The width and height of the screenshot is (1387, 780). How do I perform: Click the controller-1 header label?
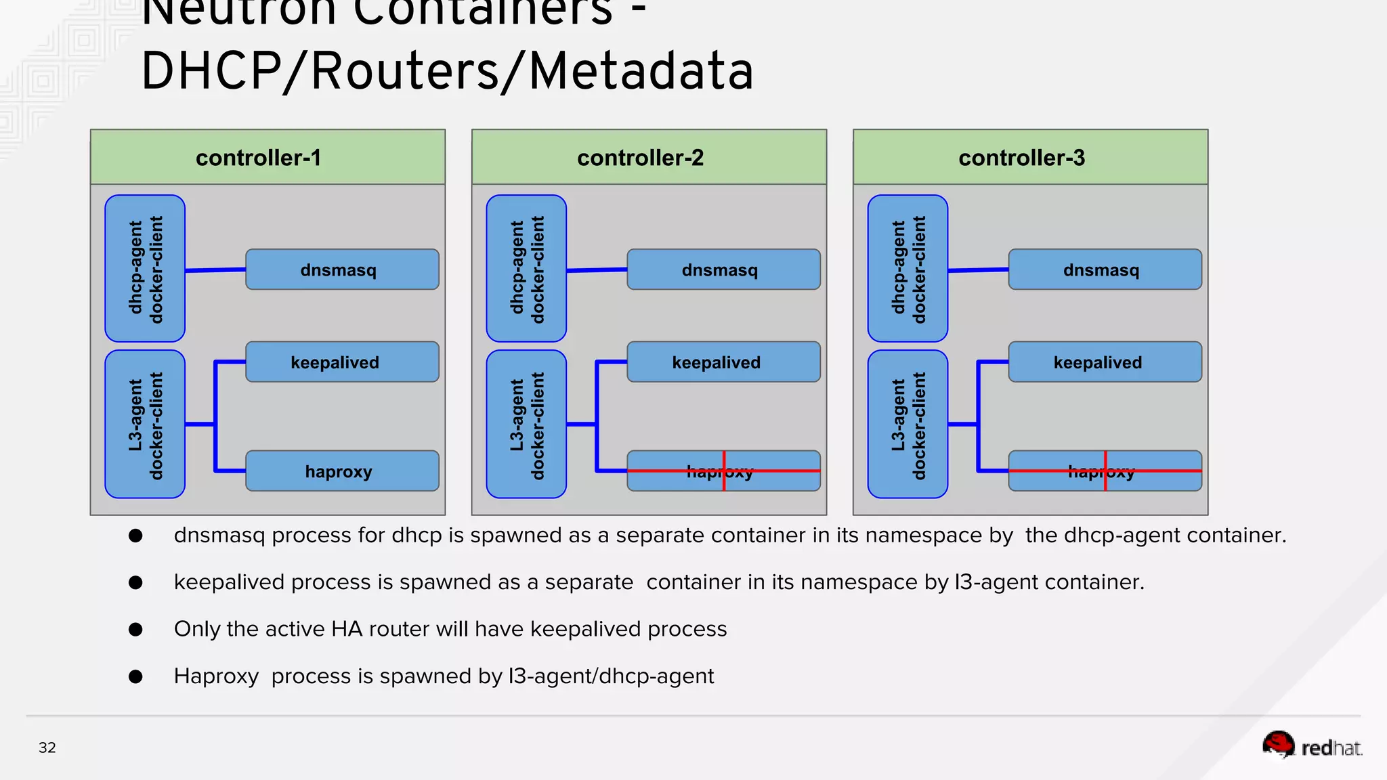[x=258, y=158]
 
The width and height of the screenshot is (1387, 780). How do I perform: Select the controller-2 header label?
[x=640, y=158]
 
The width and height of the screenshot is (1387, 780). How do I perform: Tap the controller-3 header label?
[x=1021, y=158]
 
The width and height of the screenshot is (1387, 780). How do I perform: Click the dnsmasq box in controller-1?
[x=342, y=269]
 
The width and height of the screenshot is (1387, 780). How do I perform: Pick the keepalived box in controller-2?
[x=723, y=362]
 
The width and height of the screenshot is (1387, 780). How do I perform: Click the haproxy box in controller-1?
[x=342, y=471]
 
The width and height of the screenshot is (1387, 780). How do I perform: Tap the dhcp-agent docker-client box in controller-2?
[x=526, y=268]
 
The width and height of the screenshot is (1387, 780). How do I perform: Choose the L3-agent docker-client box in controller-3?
[x=908, y=425]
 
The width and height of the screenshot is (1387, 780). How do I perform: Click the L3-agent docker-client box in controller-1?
[x=145, y=425]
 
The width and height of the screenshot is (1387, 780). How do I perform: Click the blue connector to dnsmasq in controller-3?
[x=978, y=270]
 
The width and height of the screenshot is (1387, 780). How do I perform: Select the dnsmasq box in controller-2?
[x=723, y=269]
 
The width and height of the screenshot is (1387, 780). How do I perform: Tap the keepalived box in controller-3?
[x=1105, y=362]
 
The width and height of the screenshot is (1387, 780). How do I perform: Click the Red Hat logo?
[x=1312, y=746]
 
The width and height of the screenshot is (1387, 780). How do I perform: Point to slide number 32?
[x=47, y=747]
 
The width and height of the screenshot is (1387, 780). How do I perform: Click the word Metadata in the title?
[x=641, y=71]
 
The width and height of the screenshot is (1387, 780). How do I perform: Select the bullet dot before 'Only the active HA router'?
[x=135, y=629]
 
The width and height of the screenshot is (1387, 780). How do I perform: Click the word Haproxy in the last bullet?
[x=216, y=676]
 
